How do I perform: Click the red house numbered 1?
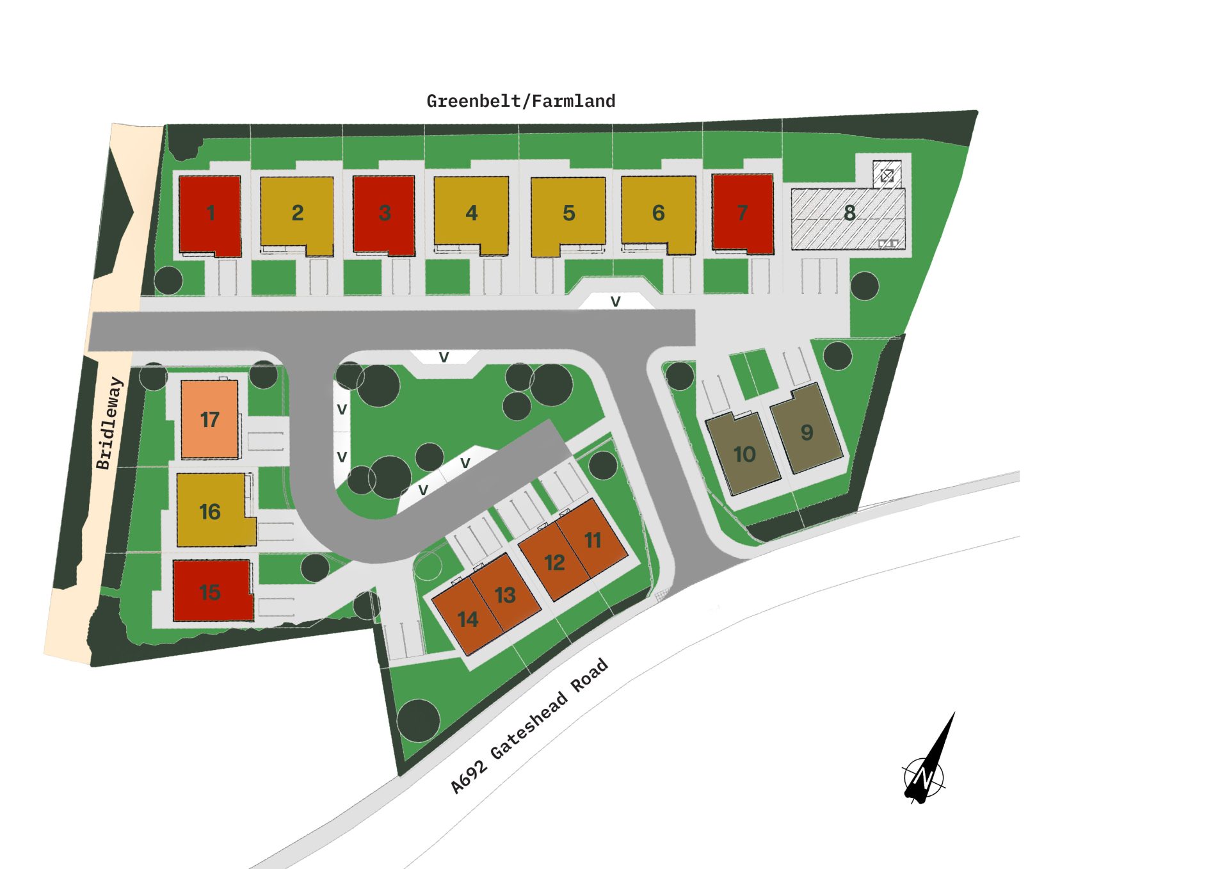point(210,215)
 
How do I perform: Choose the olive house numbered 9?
point(807,430)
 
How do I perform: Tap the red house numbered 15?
point(211,591)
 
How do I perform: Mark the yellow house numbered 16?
point(211,510)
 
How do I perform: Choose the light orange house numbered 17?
point(209,419)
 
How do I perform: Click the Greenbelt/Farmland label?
point(520,101)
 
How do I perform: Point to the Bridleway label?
point(109,423)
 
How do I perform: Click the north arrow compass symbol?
point(926,772)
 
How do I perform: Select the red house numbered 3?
point(384,215)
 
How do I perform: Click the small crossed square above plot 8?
point(887,174)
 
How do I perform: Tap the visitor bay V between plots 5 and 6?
point(615,301)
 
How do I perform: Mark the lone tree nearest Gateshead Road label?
point(418,720)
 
